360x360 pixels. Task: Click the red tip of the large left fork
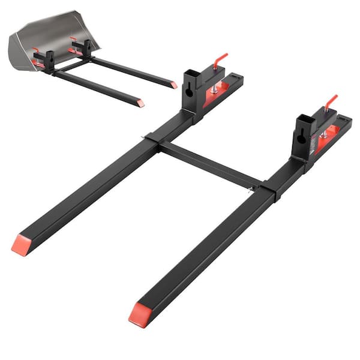pyautogui.click(x=20, y=244)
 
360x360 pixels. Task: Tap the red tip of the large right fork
pyautogui.click(x=139, y=313)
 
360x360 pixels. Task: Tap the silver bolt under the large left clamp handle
pyautogui.click(x=214, y=86)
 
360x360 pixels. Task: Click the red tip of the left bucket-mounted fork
pyautogui.click(x=140, y=103)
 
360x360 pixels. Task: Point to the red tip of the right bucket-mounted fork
pyautogui.click(x=173, y=85)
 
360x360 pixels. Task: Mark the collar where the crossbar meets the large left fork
pyautogui.click(x=151, y=141)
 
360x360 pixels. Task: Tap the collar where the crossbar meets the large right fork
pyautogui.click(x=268, y=190)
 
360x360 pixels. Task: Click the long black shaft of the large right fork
pyautogui.click(x=204, y=252)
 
